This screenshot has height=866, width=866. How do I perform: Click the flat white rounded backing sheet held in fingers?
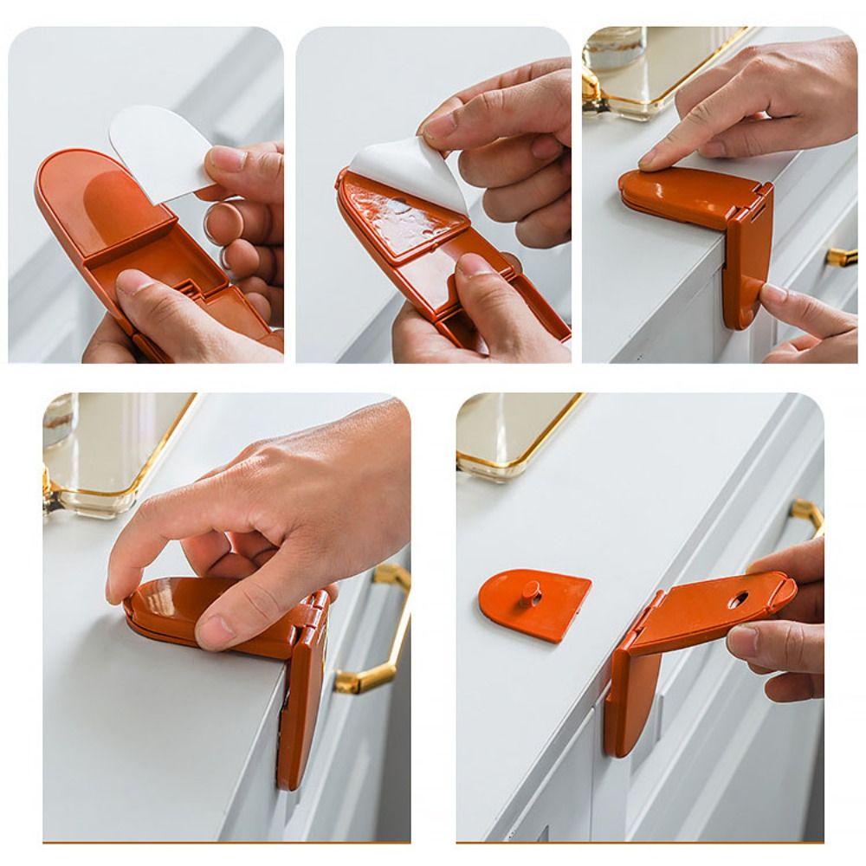156,147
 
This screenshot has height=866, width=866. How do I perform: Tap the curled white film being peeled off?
407,173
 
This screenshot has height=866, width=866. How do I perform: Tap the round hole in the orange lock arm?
741,598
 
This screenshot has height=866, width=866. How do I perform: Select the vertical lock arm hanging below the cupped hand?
299,719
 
